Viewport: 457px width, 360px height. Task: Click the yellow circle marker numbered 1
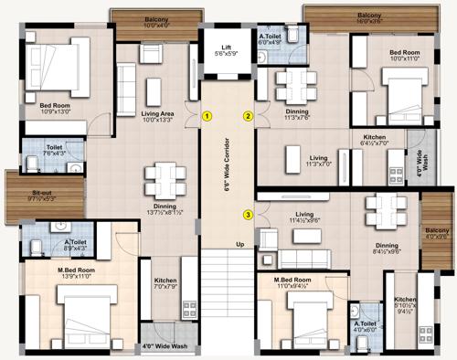(x=208, y=116)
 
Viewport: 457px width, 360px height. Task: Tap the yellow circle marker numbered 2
(x=248, y=116)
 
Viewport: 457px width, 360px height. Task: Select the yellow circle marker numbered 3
(x=248, y=216)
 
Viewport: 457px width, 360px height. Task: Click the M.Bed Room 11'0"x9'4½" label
(x=297, y=283)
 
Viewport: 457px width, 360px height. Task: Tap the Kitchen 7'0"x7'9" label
(x=165, y=284)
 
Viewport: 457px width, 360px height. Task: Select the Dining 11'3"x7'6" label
(x=296, y=115)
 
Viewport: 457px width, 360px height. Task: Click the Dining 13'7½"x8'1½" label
(x=165, y=209)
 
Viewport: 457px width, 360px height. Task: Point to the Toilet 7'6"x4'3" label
(x=41, y=151)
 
